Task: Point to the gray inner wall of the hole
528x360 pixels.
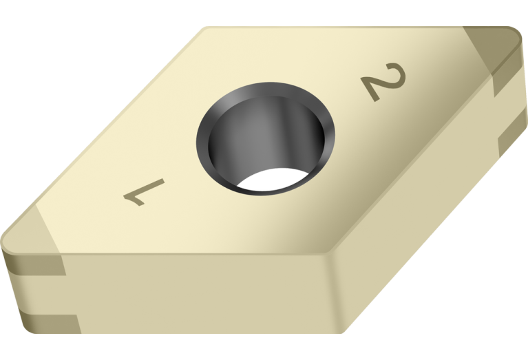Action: coord(258,138)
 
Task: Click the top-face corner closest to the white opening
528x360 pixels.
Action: coord(329,253)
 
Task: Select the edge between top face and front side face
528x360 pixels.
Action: coord(193,253)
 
